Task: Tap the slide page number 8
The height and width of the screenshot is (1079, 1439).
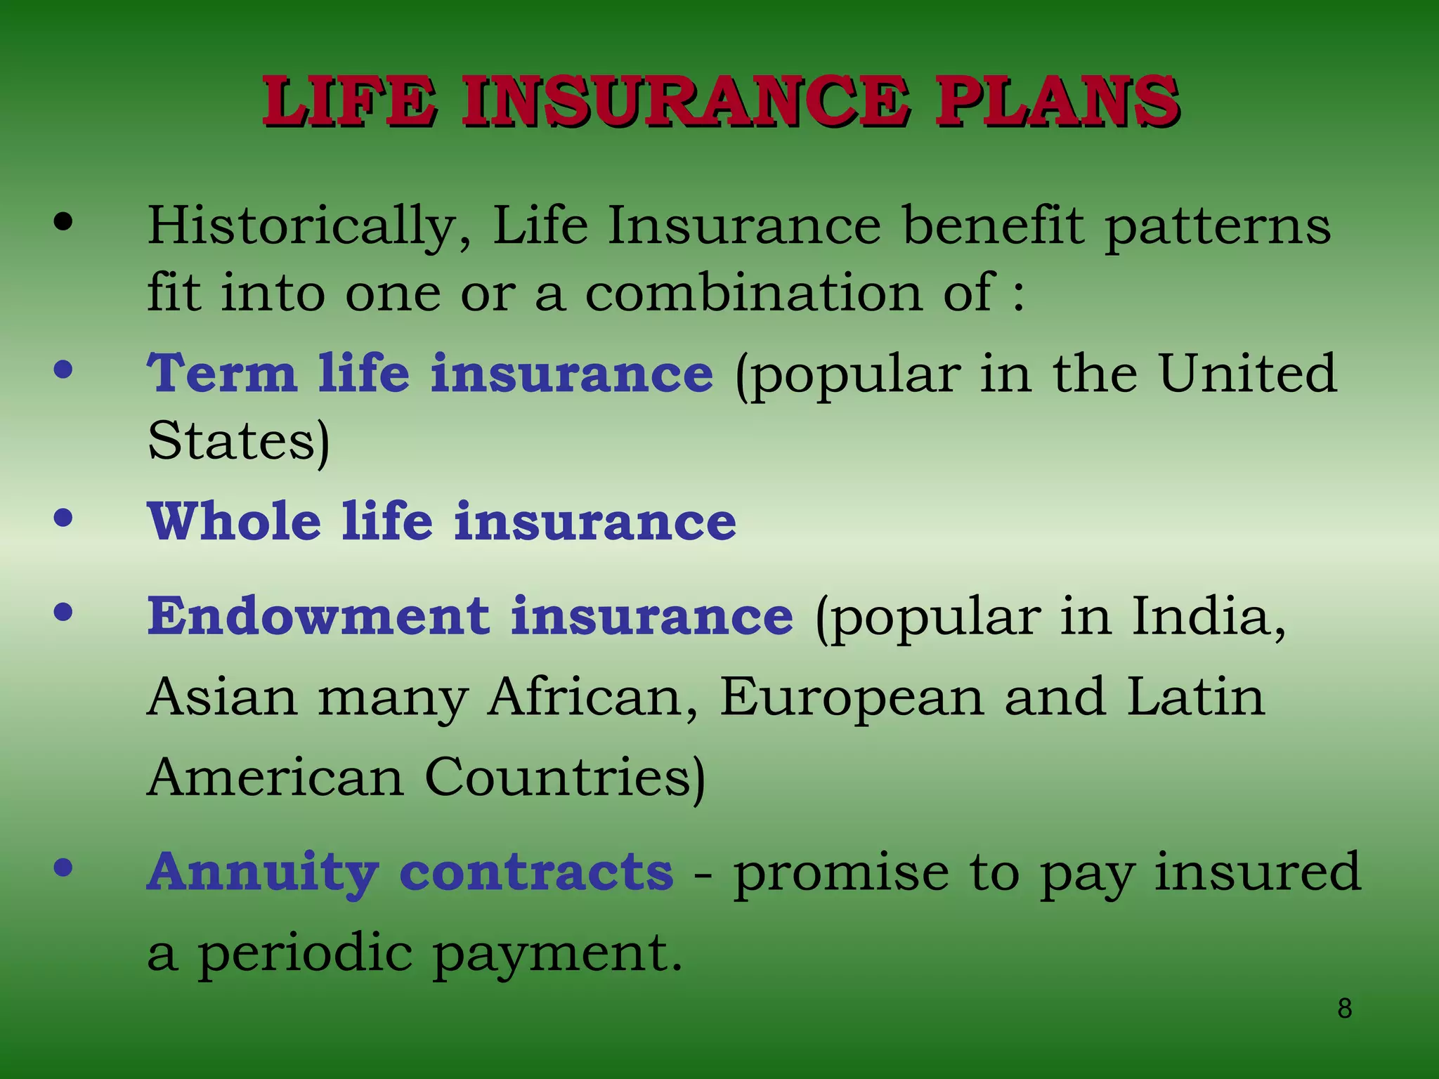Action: click(x=1344, y=1009)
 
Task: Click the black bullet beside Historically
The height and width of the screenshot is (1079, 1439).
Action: click(x=63, y=223)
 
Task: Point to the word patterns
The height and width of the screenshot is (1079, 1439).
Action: click(x=1218, y=226)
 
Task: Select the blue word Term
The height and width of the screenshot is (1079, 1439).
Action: click(x=222, y=373)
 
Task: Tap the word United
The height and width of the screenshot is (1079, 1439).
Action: click(x=1247, y=373)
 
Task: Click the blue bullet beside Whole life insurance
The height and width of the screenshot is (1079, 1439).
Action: click(x=63, y=518)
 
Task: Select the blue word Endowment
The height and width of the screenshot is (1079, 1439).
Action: click(x=318, y=616)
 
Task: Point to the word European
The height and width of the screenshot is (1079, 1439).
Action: click(x=852, y=697)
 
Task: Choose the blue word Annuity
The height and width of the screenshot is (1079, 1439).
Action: click(x=263, y=872)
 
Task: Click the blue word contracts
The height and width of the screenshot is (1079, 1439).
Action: click(x=536, y=872)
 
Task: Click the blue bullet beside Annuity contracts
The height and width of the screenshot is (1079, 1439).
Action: click(x=63, y=868)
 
